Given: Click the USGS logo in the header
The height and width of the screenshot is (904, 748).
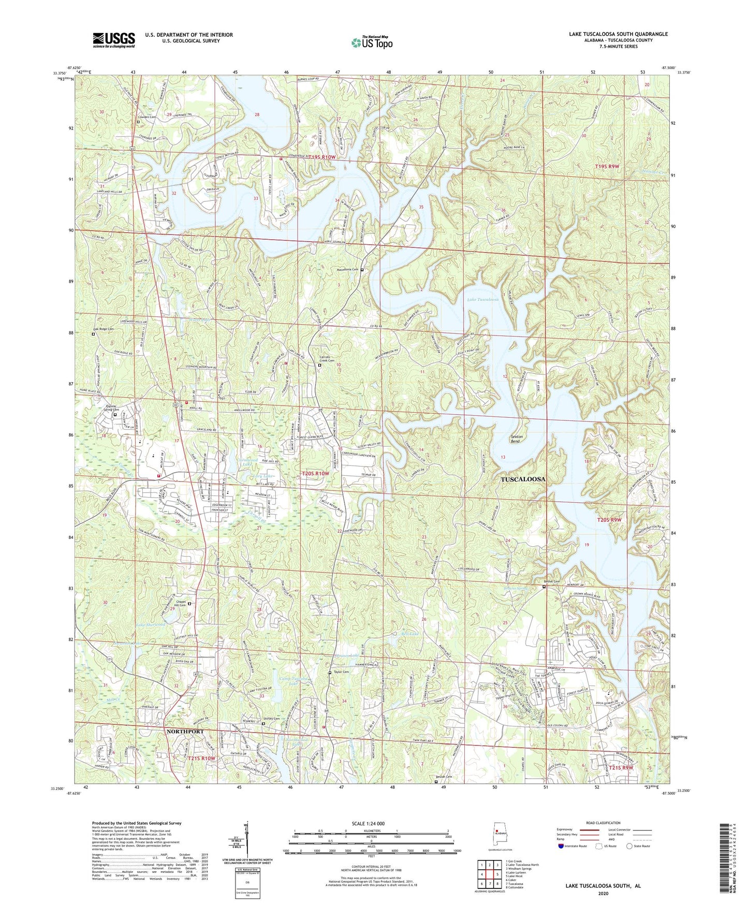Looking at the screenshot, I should [x=114, y=40].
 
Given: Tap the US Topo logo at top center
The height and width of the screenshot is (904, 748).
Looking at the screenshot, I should [x=371, y=42].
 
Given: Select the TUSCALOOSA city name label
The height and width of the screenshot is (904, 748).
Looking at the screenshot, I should [x=523, y=479].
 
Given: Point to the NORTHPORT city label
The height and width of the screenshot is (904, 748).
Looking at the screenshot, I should [x=185, y=731].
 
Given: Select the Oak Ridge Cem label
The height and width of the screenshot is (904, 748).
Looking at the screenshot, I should [x=103, y=329].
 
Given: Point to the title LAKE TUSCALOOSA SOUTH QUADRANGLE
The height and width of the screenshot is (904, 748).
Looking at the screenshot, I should [x=618, y=34].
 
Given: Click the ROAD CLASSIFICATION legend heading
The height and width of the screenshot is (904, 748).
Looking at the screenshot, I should [x=603, y=823].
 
